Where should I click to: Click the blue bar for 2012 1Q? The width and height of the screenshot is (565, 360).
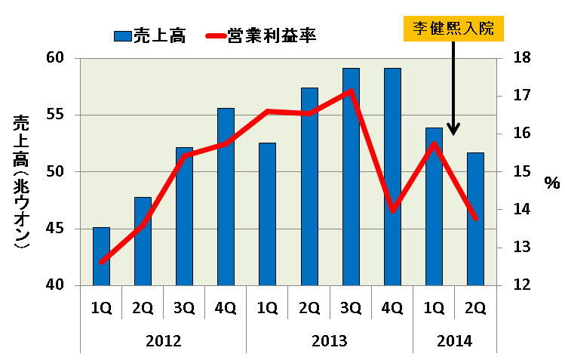pos(101,257)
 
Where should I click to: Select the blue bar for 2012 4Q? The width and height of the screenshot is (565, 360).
pos(226,196)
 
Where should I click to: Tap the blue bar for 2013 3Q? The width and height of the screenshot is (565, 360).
pos(351,177)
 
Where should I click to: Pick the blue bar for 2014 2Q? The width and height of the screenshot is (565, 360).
pos(475,219)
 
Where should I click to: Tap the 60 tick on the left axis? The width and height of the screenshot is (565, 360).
pos(58,58)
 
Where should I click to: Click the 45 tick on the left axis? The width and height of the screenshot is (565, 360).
pos(58,229)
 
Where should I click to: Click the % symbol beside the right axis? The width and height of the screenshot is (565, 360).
pos(551,183)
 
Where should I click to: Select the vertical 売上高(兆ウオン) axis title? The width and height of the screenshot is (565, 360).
pos(20,182)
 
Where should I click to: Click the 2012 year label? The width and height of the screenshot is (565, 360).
pos(163,341)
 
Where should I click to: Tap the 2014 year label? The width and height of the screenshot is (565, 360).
pos(454,341)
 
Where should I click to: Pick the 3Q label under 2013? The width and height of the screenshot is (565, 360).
pos(351,308)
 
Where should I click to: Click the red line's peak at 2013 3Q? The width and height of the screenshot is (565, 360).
pos(351,91)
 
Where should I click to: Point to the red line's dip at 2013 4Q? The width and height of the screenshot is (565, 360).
pos(392,210)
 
